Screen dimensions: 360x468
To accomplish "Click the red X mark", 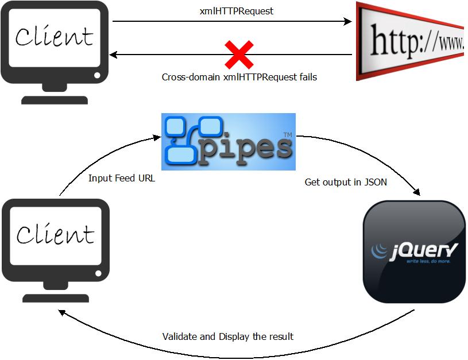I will [239, 55].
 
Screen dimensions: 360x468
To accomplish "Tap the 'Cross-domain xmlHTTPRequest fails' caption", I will [239, 76].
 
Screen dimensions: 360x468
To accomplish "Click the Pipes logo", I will [228, 141].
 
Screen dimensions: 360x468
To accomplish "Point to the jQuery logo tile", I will [413, 251].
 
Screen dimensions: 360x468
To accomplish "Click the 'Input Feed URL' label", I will [122, 178].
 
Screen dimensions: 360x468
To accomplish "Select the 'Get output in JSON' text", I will [345, 182].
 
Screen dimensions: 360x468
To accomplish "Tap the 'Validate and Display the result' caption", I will [227, 336].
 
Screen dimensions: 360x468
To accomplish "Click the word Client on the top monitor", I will [54, 37].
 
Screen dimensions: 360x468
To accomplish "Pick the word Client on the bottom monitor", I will [55, 234].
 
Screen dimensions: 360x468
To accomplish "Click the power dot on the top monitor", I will [97, 75].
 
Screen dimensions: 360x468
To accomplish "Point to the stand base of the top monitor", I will [55, 99].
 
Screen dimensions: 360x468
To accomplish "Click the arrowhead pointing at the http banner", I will [347, 22].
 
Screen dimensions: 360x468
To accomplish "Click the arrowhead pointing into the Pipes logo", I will [156, 138].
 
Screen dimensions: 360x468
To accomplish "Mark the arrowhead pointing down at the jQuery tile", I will [420, 195].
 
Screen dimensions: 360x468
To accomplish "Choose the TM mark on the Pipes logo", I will [287, 135].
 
